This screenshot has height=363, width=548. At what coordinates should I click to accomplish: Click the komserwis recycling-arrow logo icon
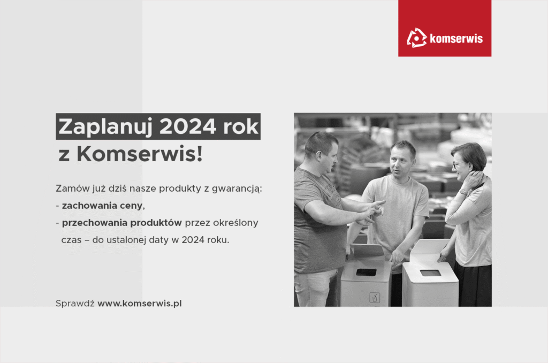click(416, 37)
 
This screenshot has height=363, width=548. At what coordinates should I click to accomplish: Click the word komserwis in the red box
click(456, 38)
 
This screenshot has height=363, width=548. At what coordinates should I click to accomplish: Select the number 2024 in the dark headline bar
click(188, 126)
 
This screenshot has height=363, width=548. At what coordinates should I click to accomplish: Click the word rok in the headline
click(240, 126)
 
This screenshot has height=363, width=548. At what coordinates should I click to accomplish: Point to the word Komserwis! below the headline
click(140, 154)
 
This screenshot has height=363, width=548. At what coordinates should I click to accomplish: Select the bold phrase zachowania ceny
click(102, 206)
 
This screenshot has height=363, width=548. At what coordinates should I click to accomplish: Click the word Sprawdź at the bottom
click(75, 303)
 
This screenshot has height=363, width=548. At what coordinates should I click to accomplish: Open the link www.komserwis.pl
click(140, 303)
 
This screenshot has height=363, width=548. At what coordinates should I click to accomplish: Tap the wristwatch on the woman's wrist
click(463, 192)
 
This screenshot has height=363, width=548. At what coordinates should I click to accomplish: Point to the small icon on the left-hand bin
click(375, 297)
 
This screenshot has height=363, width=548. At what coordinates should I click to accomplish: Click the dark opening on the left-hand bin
click(366, 272)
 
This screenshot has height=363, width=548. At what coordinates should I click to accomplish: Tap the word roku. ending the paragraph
click(218, 240)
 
